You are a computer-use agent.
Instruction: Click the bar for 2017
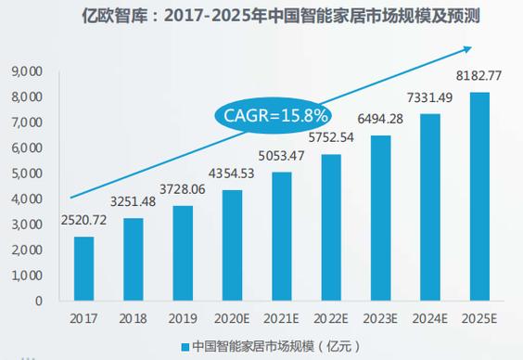84,268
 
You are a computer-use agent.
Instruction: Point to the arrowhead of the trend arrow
473,46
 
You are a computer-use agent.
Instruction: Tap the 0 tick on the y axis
38,302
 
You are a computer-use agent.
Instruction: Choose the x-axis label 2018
134,318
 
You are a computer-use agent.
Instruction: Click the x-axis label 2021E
281,318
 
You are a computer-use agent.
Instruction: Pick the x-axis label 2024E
429,318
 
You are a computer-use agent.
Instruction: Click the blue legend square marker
185,345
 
